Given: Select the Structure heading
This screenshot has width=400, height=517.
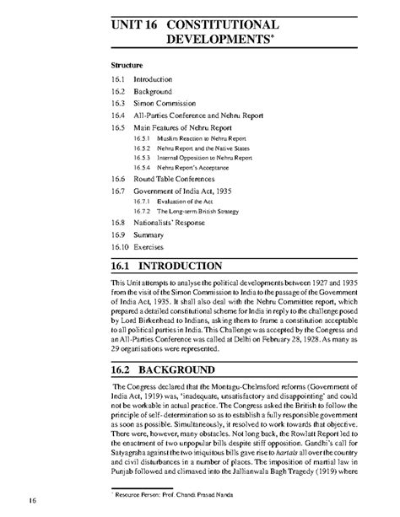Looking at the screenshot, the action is coord(129,64).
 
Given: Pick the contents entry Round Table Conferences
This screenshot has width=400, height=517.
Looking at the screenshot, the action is coord(177,179).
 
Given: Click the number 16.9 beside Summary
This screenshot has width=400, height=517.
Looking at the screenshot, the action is coord(121,238).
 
